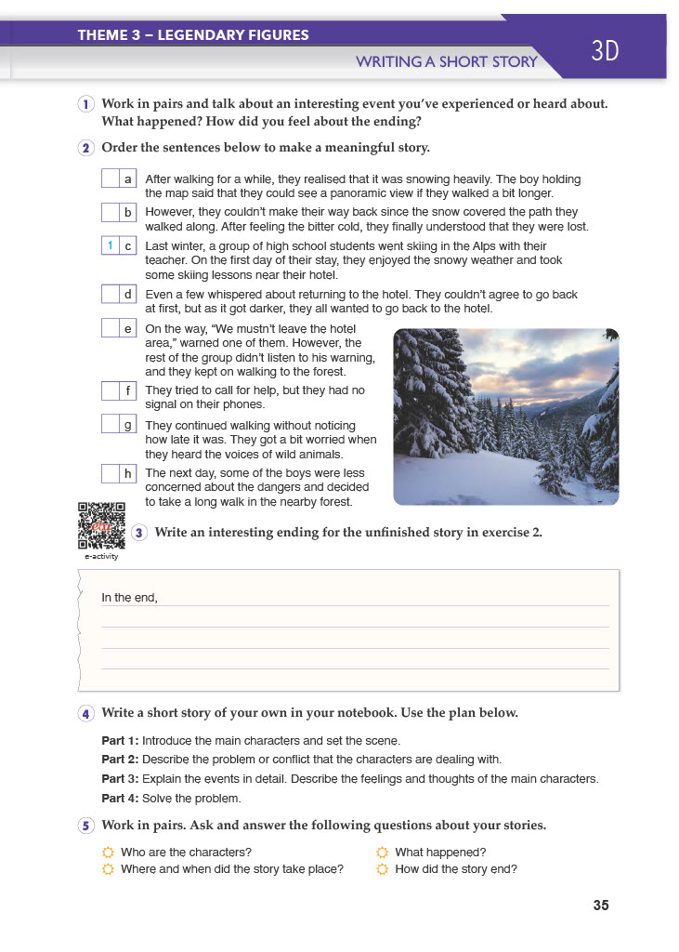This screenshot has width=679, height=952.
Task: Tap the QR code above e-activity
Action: [101, 525]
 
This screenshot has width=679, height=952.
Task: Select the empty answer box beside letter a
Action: [111, 178]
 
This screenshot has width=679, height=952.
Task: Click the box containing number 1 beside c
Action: [111, 245]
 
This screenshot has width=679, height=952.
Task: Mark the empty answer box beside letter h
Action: [111, 473]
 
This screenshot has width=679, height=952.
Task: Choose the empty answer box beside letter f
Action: [111, 390]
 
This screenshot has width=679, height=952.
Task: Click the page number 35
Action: [600, 905]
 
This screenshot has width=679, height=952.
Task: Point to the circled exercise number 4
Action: [85, 713]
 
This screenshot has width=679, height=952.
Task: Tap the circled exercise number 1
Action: [85, 104]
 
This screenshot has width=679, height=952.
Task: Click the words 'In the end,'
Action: [129, 598]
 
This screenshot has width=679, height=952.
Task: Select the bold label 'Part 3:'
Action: [120, 778]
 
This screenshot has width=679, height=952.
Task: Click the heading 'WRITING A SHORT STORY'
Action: [447, 62]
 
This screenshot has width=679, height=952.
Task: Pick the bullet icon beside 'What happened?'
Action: [383, 853]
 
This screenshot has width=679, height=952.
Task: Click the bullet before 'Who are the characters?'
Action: [108, 853]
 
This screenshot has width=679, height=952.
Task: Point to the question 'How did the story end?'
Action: [455, 869]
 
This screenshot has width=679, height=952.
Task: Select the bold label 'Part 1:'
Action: [120, 741]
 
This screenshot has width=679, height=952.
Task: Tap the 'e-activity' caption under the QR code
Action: [101, 557]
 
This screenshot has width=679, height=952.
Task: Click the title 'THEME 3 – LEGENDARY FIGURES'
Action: [193, 35]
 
